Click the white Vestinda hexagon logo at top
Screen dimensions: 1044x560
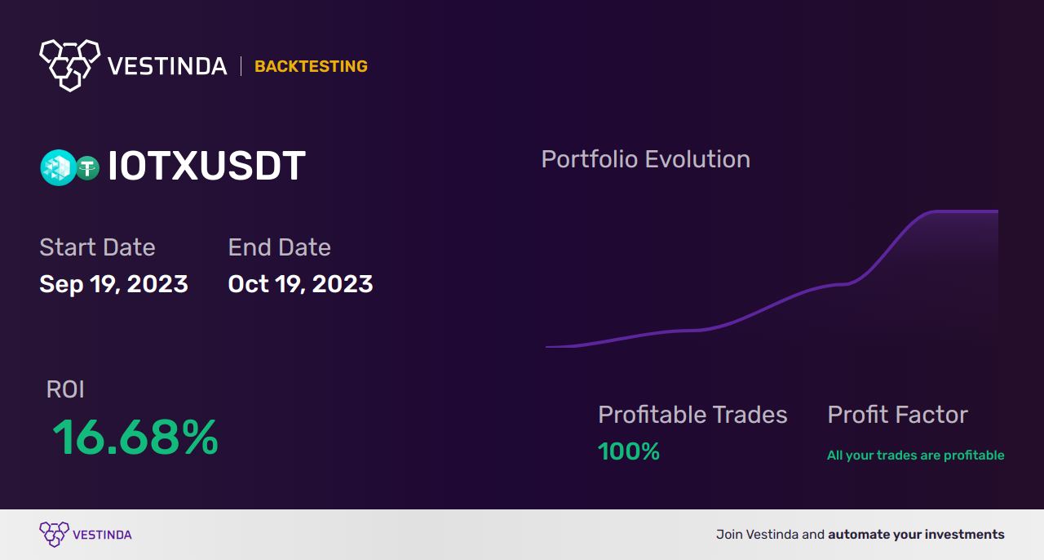(x=70, y=65)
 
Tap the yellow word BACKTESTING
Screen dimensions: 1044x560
(x=311, y=66)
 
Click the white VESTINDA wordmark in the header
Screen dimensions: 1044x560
(x=167, y=66)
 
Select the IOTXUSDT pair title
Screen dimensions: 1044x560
(x=206, y=166)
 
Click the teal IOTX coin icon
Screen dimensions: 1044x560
(x=58, y=167)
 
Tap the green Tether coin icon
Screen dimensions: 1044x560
(x=87, y=168)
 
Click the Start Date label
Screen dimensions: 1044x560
(x=97, y=247)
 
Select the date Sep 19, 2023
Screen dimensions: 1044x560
(x=113, y=284)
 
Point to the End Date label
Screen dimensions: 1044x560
(x=279, y=247)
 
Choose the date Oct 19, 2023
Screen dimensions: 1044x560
(x=301, y=284)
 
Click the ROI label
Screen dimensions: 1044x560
(x=65, y=389)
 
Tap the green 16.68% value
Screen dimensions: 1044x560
(x=135, y=437)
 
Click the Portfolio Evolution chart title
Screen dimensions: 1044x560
(x=645, y=159)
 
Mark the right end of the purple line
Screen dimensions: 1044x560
(x=998, y=211)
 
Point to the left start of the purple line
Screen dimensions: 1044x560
(x=546, y=347)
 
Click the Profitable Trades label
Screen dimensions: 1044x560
(x=692, y=415)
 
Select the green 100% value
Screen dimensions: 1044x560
(x=629, y=451)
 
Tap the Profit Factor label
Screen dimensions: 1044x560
(x=898, y=415)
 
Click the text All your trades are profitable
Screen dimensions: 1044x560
(x=916, y=455)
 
